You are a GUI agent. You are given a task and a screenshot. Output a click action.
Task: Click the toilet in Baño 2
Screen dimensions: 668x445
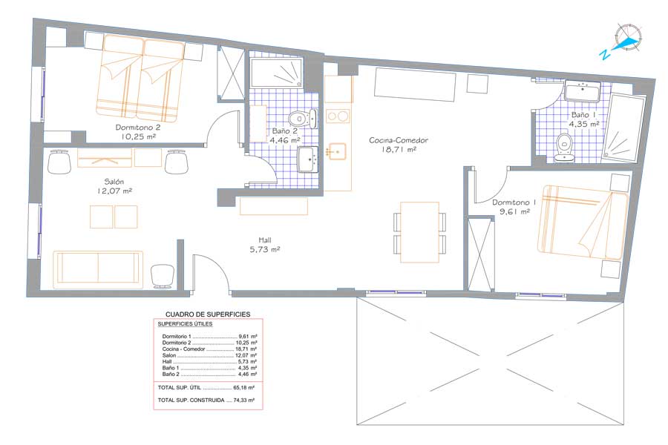point(303,119)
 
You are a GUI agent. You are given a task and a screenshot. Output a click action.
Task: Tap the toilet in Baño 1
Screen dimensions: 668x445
point(565,148)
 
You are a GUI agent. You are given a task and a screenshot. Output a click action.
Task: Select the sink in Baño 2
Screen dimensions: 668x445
point(307,159)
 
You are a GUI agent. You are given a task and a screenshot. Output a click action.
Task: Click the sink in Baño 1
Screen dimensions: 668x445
point(582,91)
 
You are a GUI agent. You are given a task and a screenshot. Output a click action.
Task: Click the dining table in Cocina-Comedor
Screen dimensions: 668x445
point(419,232)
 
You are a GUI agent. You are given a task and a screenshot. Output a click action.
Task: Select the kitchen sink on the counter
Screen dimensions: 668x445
point(336,151)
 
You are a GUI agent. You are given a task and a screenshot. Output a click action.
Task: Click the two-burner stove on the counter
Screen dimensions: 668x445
point(338,116)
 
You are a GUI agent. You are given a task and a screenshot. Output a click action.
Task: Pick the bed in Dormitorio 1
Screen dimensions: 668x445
point(582,222)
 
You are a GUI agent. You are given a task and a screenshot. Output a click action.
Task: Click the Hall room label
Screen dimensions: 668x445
point(264,240)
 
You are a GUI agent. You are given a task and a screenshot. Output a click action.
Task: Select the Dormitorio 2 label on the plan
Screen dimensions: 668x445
point(137,128)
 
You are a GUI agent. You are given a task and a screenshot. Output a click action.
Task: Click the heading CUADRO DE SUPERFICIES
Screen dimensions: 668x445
point(208,314)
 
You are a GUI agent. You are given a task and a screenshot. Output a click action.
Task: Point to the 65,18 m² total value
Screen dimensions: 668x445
point(243,388)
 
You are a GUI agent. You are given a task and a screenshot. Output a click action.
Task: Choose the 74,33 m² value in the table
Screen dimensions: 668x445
point(243,400)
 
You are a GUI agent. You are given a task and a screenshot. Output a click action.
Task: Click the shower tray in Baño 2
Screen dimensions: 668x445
point(276,73)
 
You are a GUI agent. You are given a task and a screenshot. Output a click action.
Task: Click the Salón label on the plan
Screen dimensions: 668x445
point(114,182)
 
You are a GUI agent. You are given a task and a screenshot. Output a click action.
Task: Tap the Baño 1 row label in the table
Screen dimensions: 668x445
point(171,368)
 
